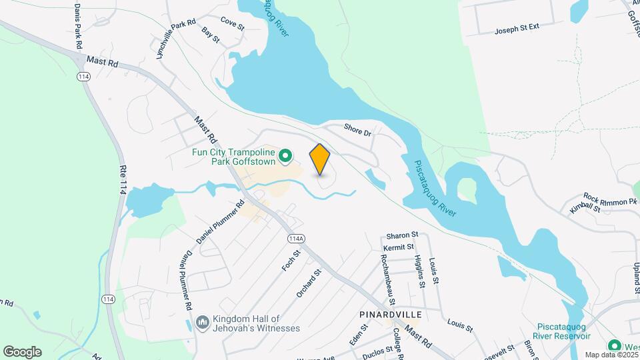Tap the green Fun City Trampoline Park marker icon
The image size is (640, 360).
point(285,157)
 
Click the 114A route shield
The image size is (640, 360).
point(296,239)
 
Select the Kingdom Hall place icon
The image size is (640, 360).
point(203,323)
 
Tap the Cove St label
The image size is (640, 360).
point(233,25)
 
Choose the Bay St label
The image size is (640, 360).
point(211,35)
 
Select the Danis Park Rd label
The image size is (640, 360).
point(78,25)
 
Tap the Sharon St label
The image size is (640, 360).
point(402,235)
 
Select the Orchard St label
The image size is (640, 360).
point(309,283)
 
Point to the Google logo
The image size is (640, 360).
point(22,351)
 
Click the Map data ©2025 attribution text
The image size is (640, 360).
point(611,355)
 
